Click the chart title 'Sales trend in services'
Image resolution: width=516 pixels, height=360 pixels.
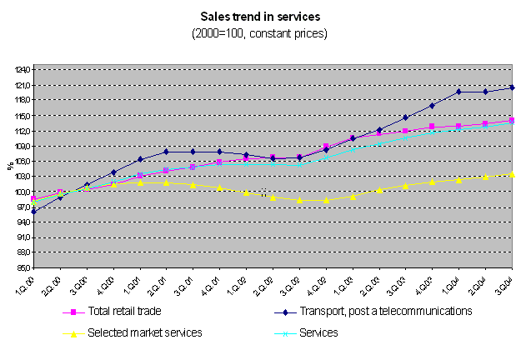(259, 16)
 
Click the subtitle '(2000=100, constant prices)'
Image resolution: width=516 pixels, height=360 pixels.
(259, 33)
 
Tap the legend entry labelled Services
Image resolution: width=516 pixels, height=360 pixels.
(318, 332)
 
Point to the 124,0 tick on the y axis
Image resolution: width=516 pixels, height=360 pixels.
(18, 70)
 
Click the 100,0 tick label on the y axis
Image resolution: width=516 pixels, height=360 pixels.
(18, 192)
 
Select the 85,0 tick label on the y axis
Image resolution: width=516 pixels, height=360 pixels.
(18, 268)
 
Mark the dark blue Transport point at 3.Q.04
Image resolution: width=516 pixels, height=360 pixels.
(511, 87)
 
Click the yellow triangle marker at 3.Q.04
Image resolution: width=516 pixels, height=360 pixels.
(511, 174)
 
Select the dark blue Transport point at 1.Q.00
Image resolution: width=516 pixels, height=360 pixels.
(33, 212)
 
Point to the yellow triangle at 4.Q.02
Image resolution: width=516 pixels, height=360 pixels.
(326, 200)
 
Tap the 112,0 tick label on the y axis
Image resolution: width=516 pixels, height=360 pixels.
(18, 131)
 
